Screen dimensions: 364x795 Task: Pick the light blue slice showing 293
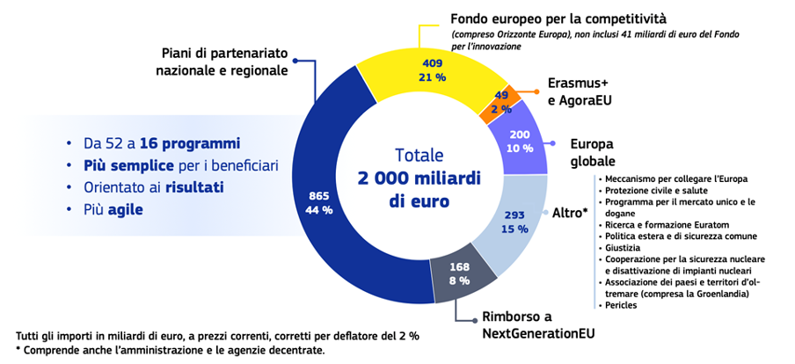(514, 222)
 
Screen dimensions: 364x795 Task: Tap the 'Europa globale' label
(592, 152)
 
